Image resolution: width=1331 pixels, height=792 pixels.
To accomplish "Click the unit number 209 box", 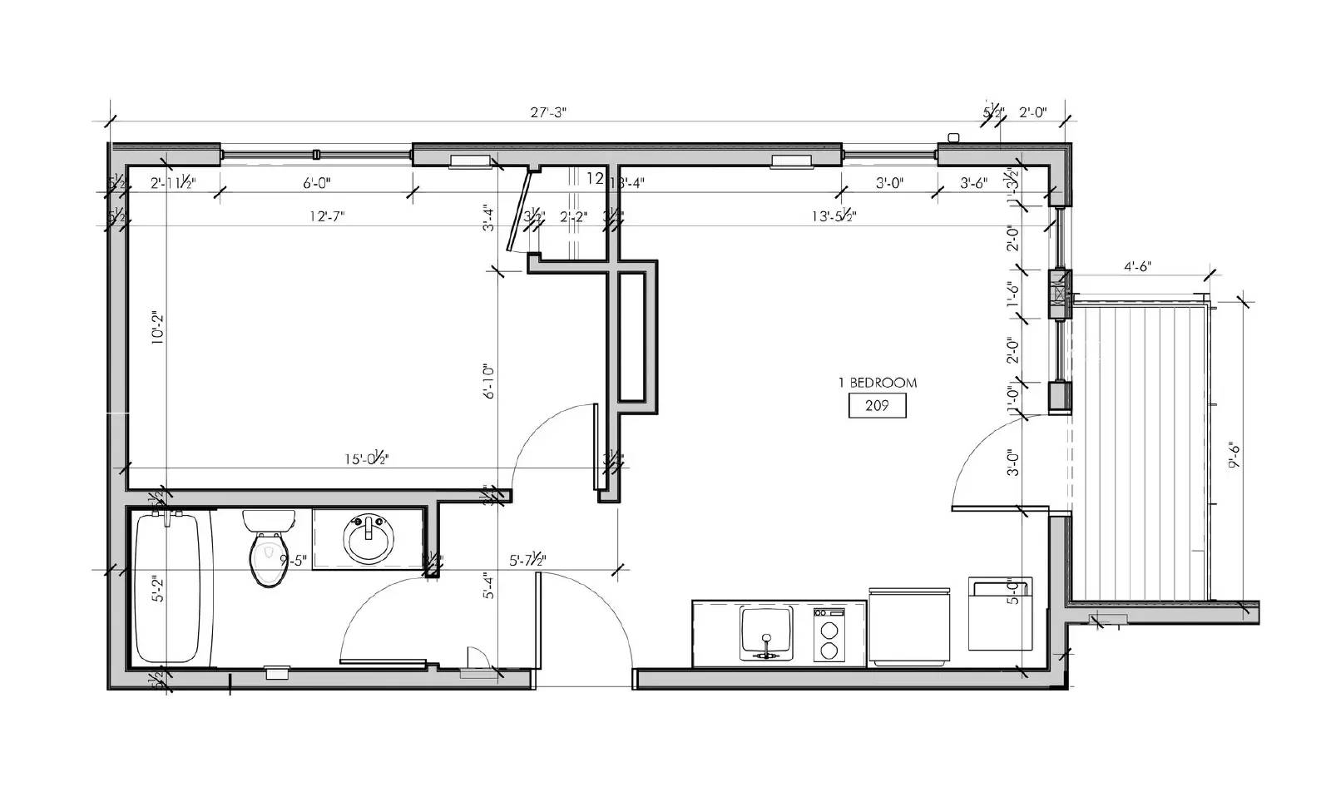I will pyautogui.click(x=877, y=406).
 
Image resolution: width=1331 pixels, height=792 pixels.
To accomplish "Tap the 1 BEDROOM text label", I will pyautogui.click(x=877, y=383).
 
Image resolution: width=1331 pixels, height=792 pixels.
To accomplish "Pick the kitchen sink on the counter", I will pyautogui.click(x=766, y=632).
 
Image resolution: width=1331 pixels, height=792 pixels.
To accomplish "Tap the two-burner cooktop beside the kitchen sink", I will pyautogui.click(x=829, y=636).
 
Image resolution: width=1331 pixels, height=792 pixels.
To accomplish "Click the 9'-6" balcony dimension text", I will pyautogui.click(x=1235, y=456).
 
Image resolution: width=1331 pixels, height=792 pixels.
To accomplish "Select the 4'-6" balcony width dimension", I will pyautogui.click(x=1137, y=267).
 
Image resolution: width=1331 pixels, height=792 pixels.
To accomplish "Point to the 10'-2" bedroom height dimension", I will pyautogui.click(x=157, y=329).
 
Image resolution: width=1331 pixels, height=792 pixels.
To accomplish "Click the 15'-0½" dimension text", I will pyautogui.click(x=366, y=458).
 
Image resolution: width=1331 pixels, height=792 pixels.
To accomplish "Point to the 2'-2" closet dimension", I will pyautogui.click(x=573, y=217).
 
